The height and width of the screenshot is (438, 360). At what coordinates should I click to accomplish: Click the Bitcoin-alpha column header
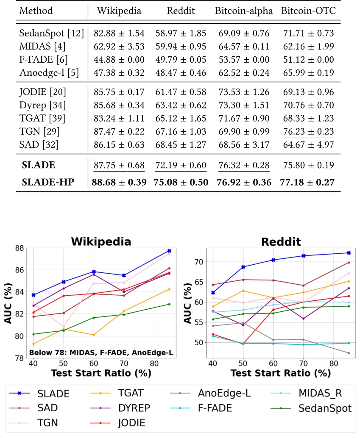(244, 11)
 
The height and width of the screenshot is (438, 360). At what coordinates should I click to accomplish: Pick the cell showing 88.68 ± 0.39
(119, 182)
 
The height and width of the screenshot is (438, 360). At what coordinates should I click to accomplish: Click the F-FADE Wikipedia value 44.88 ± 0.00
(119, 60)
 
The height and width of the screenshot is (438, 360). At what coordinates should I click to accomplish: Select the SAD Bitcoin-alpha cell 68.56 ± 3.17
(244, 144)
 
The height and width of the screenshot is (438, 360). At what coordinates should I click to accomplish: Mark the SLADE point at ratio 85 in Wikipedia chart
(169, 251)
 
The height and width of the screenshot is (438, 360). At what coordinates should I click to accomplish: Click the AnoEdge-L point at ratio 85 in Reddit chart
(349, 353)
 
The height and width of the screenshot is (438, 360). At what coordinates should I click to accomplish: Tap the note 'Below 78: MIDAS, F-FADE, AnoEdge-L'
(100, 352)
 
